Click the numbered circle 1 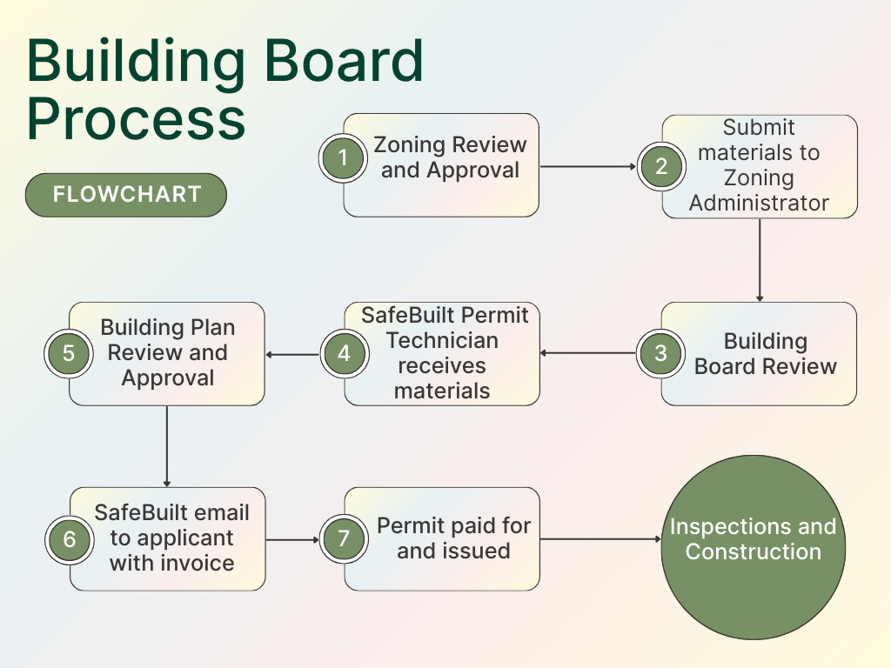point(344,158)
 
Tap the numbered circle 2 point(661,166)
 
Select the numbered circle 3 point(661,353)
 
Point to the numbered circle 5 point(69,353)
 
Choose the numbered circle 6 point(69,539)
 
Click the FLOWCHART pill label point(126,194)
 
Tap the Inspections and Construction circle point(754,539)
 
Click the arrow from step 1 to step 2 point(589,166)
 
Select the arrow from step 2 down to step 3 point(760,260)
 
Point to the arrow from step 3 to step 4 point(588,353)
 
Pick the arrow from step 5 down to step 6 point(166,445)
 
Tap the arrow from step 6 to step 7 point(292,539)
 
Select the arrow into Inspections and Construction point(600,539)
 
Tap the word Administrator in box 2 point(759,204)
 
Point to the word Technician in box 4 point(442,340)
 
